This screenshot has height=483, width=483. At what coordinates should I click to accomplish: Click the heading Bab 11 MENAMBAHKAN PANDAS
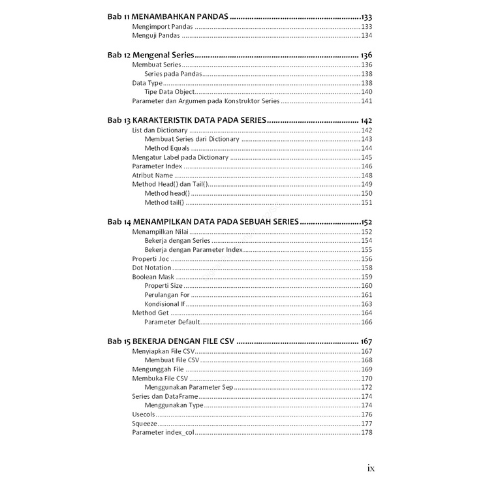pos(168,16)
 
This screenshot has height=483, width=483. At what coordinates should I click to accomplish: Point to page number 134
pos(367,35)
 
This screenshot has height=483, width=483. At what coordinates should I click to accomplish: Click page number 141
pos(367,101)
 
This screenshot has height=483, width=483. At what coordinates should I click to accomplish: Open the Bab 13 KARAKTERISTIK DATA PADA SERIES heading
pos(187,121)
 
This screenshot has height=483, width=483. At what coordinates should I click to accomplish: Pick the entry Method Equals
pos(167,148)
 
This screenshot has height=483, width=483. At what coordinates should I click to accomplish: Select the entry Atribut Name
pos(152,175)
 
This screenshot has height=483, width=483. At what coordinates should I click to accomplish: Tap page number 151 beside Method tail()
pos(367,202)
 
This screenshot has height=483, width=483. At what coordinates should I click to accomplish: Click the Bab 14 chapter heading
pos(203,222)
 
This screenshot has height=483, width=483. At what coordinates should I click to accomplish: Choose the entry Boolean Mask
pos(153,277)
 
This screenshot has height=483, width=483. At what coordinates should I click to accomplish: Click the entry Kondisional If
pos(164,304)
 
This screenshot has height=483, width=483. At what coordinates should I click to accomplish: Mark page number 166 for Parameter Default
pos(367,322)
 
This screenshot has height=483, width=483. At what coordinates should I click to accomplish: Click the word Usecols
pos(143,414)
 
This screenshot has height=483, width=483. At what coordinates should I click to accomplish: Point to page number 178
pos(367,432)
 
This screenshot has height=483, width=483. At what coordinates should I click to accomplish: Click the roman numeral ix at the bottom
pos(371,467)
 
